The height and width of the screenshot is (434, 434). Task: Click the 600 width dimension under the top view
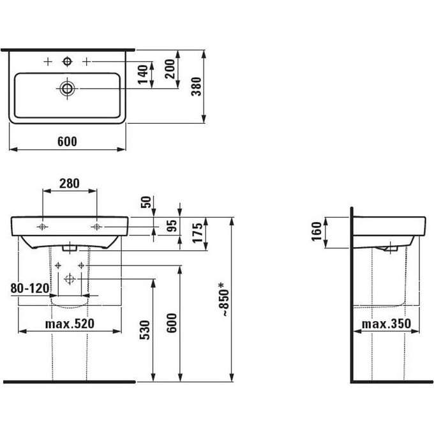67,142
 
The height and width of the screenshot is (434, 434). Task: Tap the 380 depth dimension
196,87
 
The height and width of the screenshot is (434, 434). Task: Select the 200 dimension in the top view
170,69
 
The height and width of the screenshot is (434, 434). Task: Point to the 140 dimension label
143,75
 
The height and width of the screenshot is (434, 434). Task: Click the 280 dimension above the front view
70,183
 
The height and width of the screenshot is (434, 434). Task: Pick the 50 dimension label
146,202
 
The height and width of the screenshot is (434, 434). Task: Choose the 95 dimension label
172,225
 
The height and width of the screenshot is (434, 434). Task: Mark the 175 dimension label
198,233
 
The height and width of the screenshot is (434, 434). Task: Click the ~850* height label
223,299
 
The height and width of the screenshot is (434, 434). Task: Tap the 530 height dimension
145,330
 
